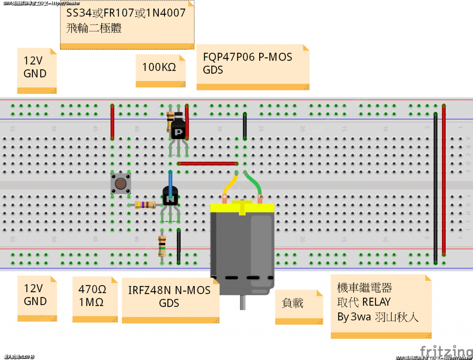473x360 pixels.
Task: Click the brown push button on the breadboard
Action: [x=120, y=184]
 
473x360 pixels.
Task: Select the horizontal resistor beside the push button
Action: [x=145, y=204]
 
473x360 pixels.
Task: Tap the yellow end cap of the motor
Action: [x=242, y=208]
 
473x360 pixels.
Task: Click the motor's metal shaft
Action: [x=242, y=302]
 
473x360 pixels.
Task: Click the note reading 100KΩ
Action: [x=159, y=68]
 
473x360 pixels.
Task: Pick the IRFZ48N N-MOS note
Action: [x=170, y=297]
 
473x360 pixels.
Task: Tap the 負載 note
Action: [x=293, y=303]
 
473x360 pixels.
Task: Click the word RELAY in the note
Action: [x=377, y=302]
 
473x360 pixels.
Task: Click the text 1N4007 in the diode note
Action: [x=166, y=13]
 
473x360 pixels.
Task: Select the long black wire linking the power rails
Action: [x=435, y=185]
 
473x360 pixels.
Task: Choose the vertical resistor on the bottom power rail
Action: [x=162, y=246]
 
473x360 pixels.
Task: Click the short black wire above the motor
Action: [x=245, y=126]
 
